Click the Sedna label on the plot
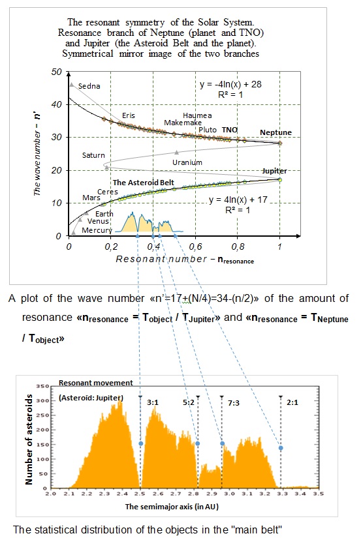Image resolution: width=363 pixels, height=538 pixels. pos(89,86)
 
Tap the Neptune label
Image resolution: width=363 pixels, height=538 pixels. pos(276,132)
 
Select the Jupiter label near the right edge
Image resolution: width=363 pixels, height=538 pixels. pos(275,171)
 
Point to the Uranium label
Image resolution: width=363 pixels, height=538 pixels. pos(187,162)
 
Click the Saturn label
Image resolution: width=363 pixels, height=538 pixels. pos(93,155)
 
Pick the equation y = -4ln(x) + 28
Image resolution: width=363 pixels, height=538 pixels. pos(230,84)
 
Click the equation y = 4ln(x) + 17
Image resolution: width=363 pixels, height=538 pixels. pos(238,200)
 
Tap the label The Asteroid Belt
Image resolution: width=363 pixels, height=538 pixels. pos(144,183)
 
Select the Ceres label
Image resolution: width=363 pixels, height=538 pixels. pos(108,192)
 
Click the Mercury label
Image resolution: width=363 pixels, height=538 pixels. pos(97,230)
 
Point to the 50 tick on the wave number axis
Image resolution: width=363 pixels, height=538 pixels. pos(56,72)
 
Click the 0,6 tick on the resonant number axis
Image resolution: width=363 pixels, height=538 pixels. pos(195,247)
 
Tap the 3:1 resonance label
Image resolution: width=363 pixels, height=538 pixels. pos(153,402)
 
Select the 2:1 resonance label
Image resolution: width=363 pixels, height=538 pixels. pos(292,402)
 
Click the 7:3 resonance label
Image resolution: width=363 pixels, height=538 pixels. pos(234,403)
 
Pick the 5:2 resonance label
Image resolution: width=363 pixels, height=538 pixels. pos(189,402)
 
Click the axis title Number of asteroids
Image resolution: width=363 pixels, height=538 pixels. pos(29,440)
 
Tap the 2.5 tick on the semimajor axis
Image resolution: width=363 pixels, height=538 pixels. pos(140,494)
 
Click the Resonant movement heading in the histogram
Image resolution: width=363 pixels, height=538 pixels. pos(96,383)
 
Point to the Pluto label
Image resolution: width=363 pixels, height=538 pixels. pos(208,130)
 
